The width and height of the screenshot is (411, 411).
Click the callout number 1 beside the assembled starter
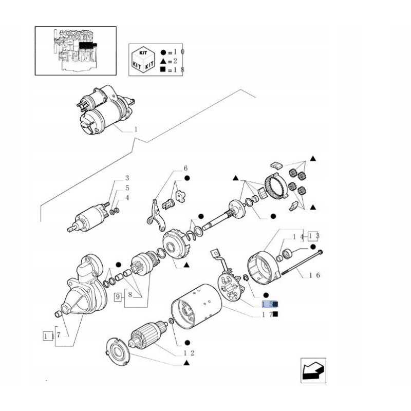136,129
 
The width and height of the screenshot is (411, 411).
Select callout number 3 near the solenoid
127,178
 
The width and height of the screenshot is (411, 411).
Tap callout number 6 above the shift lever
185,169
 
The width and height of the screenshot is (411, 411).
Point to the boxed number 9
118,296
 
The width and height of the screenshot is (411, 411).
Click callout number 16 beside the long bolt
314,275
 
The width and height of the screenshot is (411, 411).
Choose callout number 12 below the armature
188,352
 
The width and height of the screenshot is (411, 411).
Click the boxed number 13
314,236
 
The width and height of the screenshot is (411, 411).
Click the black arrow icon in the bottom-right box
313,370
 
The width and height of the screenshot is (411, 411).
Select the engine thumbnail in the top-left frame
76,50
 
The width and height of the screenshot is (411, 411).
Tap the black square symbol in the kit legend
163,69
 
